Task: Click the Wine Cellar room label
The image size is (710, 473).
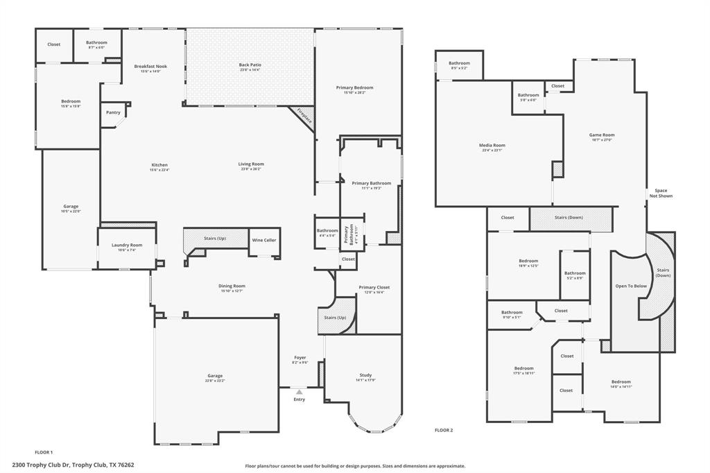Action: coord(263,240)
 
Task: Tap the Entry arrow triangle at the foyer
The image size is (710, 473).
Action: coord(300,392)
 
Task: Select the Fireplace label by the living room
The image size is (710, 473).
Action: coord(304,117)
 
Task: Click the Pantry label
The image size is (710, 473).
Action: coord(113,112)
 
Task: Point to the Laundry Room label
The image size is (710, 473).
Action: coord(127,245)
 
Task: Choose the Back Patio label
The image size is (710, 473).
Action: coord(250,64)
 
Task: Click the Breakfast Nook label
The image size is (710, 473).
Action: coord(150,67)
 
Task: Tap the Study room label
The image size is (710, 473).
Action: coord(365,375)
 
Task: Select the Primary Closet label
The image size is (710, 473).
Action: coord(374,287)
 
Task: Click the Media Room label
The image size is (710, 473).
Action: coord(492,146)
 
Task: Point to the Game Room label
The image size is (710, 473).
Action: coord(602,135)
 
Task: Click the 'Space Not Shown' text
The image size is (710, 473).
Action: coord(661,193)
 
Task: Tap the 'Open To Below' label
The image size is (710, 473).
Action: coord(631,286)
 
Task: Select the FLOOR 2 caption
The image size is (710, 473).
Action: coord(443,431)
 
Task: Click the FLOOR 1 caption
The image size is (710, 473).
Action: coord(44,452)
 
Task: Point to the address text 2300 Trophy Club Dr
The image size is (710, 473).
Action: coord(73,465)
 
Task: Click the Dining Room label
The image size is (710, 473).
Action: coord(233,286)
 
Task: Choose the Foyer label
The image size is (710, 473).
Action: coord(300,358)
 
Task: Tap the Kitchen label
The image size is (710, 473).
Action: coord(159,164)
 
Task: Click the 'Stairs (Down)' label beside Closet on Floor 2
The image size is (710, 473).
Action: coord(569,218)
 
